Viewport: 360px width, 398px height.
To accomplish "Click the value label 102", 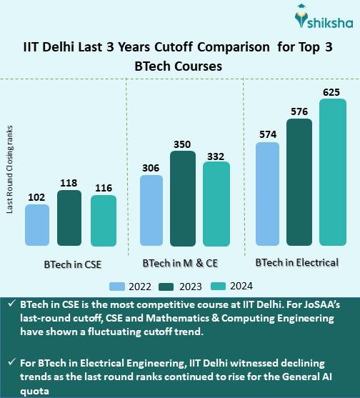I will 37,196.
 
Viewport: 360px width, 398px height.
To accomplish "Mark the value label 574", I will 267,134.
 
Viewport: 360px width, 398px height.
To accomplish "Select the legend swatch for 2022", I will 118,286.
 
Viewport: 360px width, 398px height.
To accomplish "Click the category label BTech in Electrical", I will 296,262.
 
